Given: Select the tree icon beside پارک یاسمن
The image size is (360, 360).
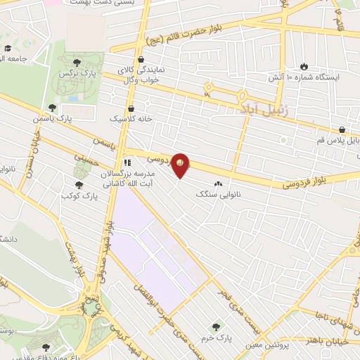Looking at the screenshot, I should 52,108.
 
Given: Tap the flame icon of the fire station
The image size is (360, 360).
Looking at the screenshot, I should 303,65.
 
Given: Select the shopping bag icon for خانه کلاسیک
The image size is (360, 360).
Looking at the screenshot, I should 132,109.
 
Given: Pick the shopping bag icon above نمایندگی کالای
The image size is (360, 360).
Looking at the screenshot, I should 143,60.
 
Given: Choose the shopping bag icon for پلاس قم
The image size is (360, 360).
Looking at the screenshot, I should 342,129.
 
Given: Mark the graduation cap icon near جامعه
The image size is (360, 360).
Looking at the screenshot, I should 8,49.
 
